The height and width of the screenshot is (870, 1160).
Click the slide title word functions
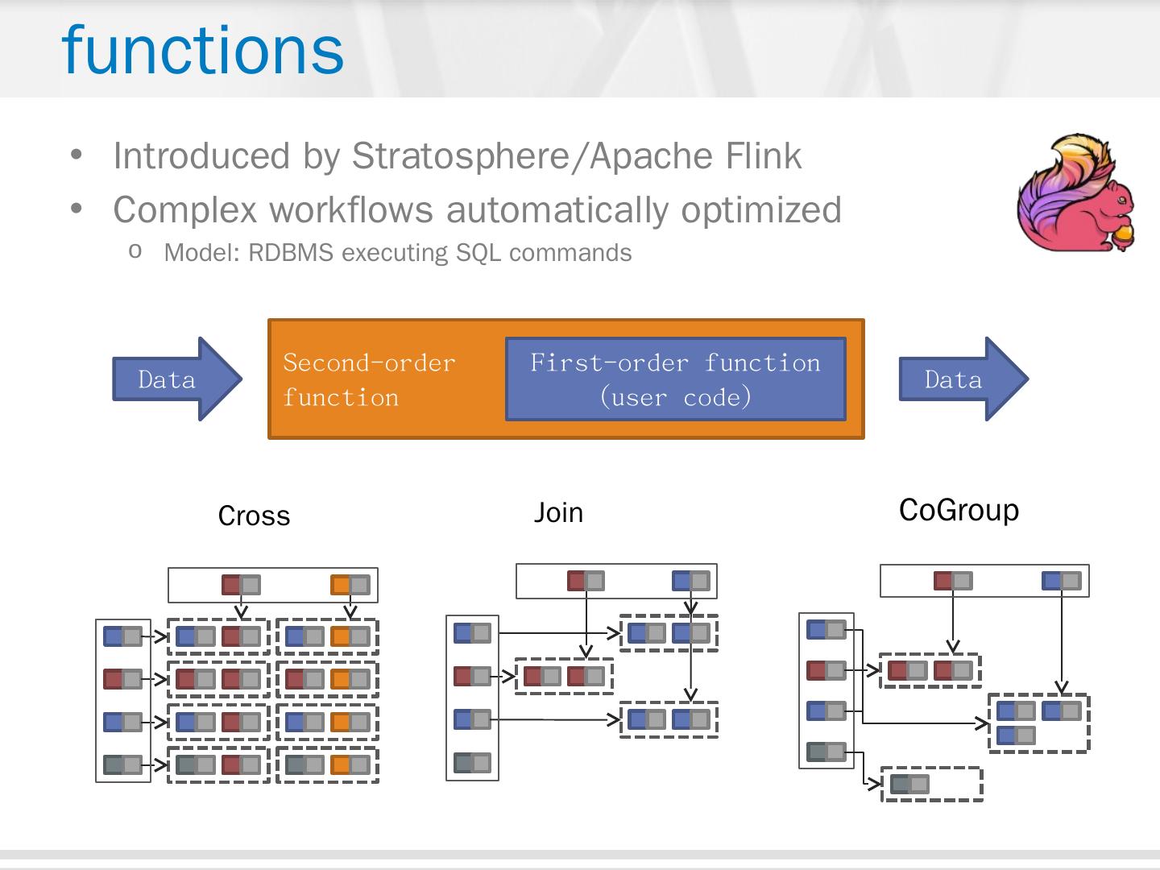point(202,50)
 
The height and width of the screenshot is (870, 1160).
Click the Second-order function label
point(369,379)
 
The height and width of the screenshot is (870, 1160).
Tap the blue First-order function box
point(675,379)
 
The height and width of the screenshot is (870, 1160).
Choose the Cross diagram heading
point(254,516)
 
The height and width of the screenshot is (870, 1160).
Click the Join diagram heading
point(558,512)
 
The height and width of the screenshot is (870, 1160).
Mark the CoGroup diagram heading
point(959,510)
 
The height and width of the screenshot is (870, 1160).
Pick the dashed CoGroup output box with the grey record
point(932,784)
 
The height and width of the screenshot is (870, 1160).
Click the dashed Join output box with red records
point(564,676)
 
